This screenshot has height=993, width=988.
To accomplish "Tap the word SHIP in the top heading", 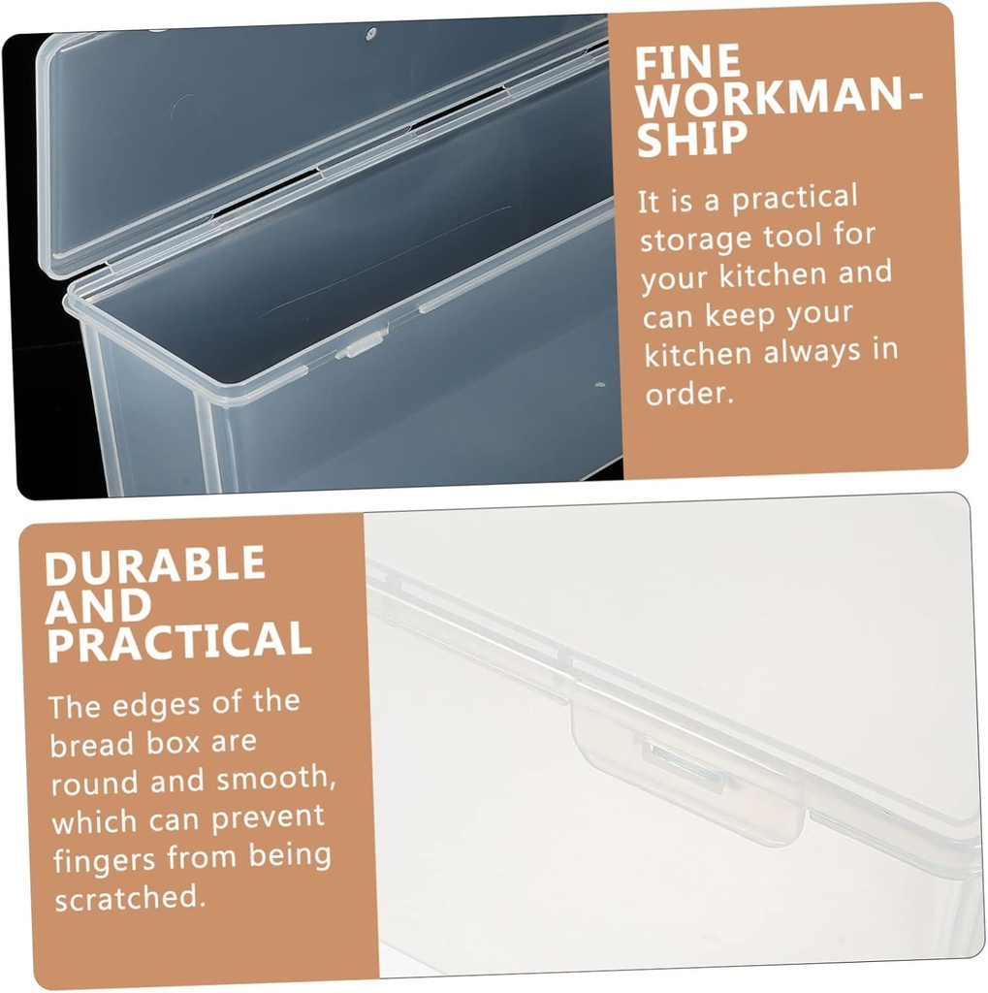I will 691,140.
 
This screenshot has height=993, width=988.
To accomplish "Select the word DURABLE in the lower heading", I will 155,565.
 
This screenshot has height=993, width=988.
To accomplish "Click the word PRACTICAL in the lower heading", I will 179,642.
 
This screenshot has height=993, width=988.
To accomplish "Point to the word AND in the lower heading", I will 98,604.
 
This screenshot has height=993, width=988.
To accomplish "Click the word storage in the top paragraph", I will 697,238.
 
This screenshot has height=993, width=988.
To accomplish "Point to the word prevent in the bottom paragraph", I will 263,819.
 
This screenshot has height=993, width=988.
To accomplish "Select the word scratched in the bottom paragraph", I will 129,898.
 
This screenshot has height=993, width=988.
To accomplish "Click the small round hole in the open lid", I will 370,35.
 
